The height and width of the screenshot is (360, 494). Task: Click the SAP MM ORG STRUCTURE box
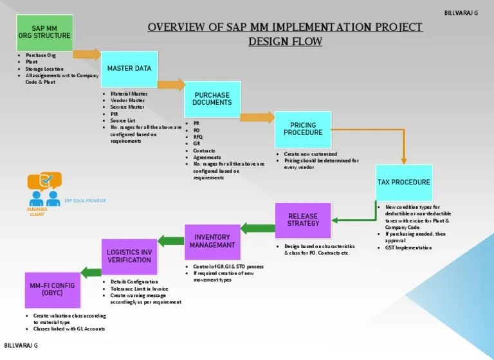(x=45, y=32)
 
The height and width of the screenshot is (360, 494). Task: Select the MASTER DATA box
(x=129, y=68)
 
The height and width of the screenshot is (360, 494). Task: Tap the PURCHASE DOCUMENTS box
(x=212, y=99)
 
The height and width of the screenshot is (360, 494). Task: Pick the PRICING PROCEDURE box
(x=303, y=129)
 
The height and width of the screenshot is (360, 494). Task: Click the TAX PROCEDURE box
(x=404, y=183)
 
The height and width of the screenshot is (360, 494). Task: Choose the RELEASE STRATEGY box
(x=303, y=221)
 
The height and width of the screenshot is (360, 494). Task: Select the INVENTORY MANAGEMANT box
(x=212, y=241)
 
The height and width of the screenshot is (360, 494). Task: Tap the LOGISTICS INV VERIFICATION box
(x=129, y=256)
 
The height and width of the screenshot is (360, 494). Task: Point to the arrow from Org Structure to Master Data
(x=87, y=54)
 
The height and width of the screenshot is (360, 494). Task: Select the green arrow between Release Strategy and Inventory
(x=257, y=228)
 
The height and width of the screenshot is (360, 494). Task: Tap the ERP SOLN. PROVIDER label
(x=85, y=201)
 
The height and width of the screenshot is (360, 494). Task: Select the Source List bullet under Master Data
(x=122, y=120)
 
